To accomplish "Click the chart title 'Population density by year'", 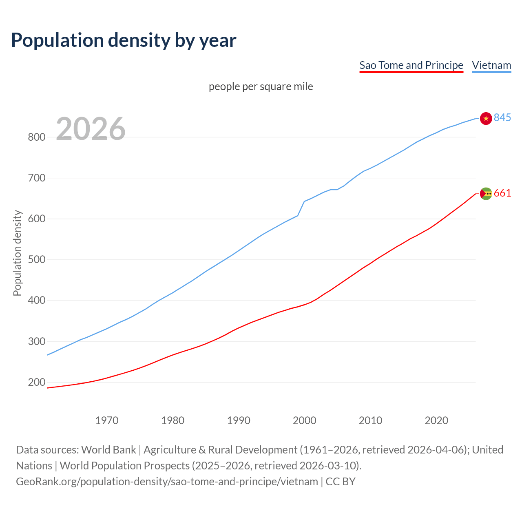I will [x=124, y=40].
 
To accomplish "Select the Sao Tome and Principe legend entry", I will [x=411, y=65].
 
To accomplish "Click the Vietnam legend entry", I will [x=491, y=65].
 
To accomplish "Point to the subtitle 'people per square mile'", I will [x=261, y=86].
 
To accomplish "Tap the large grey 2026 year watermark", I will [x=91, y=129].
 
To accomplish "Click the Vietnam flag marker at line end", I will [x=486, y=118].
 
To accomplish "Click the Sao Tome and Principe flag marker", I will [x=486, y=194].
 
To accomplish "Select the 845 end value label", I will [x=502, y=117].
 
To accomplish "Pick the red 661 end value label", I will [x=502, y=193].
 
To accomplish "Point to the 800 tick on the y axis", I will [x=36, y=137].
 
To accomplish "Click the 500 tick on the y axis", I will [x=36, y=260].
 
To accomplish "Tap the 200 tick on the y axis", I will [x=36, y=383].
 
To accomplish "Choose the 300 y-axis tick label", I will [x=36, y=341].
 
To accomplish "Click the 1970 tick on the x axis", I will [x=107, y=420].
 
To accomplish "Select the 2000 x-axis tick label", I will [x=305, y=420].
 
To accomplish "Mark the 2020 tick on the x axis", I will [x=436, y=420].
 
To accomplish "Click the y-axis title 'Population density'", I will [x=17, y=253].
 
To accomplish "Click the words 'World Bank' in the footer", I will [x=108, y=450].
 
